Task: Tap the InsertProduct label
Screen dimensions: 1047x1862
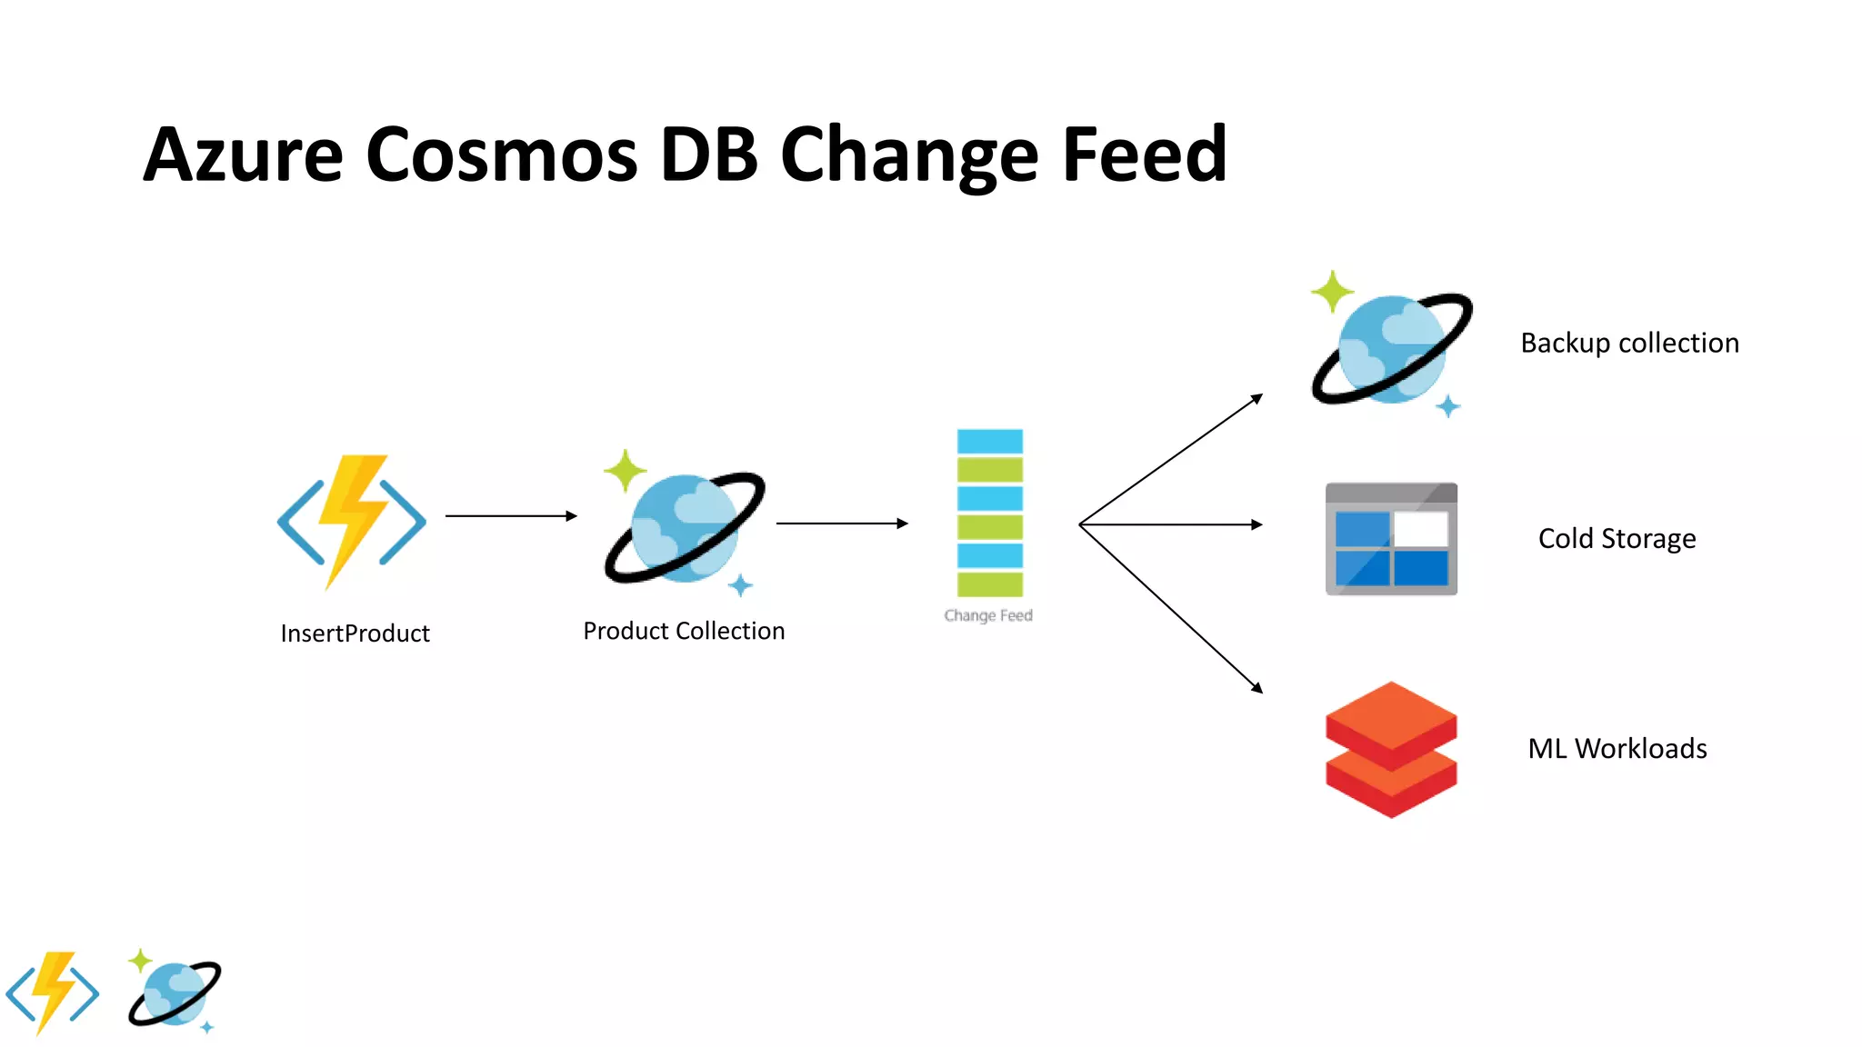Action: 355,633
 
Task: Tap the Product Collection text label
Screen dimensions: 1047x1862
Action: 684,631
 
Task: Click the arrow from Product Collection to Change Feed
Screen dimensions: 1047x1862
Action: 842,523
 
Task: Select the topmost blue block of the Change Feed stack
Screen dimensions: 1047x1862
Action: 989,442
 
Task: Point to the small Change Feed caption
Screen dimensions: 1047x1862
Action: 988,615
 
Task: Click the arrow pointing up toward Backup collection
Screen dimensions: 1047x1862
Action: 1173,459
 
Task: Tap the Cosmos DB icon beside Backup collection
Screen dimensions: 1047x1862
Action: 1391,347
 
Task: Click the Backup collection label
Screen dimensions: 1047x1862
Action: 1629,343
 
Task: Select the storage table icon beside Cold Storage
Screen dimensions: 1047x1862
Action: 1391,539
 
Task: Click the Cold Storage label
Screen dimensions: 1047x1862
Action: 1617,538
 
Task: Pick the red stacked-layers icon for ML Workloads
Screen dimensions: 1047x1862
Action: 1391,749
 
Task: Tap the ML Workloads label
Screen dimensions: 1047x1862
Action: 1617,748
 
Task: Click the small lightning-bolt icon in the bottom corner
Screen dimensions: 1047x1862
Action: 53,992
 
